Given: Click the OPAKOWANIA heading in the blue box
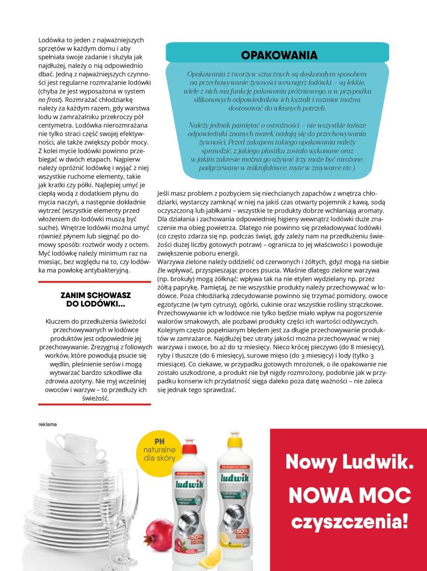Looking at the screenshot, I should tap(279, 56).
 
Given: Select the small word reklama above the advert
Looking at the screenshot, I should tap(48, 424).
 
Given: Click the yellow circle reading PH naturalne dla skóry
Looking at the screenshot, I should tap(159, 454).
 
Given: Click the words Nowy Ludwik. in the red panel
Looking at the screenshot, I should tap(349, 462).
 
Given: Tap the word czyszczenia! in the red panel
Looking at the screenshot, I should tap(349, 521).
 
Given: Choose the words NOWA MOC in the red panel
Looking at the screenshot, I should tap(349, 494).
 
